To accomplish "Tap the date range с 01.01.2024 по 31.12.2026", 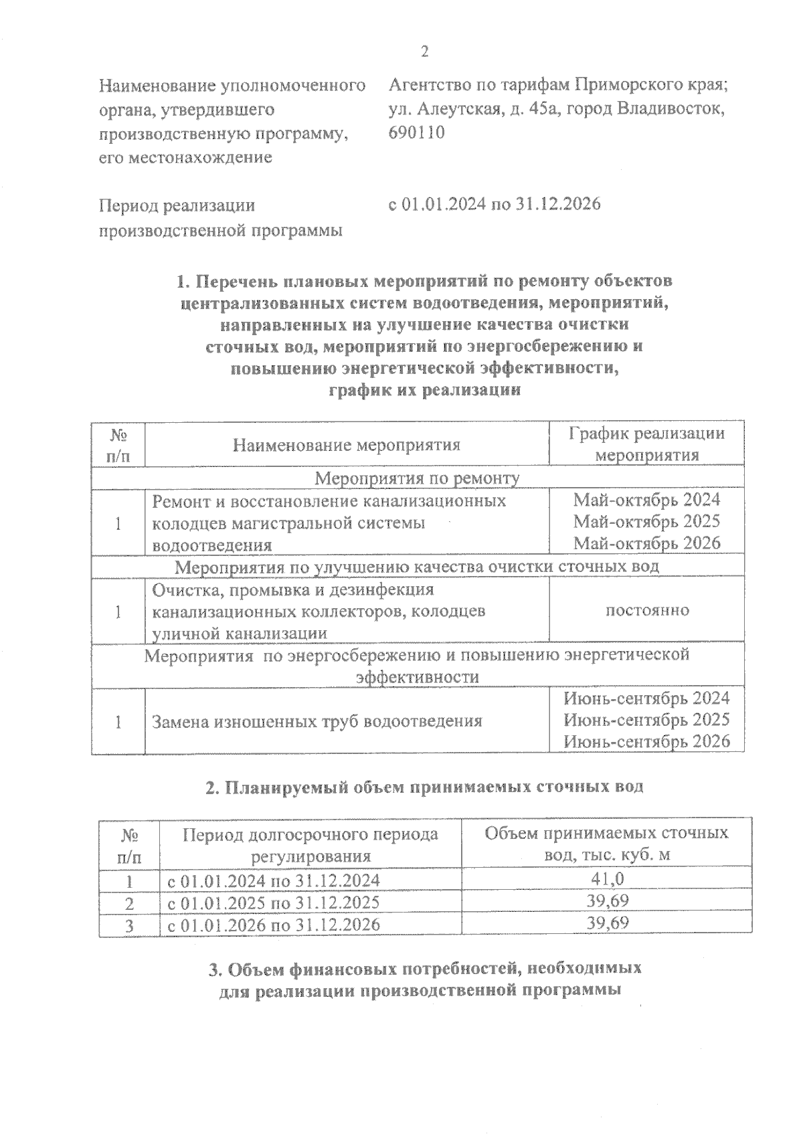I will tap(495, 204).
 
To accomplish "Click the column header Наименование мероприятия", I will tap(347, 445).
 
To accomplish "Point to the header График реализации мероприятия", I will tap(646, 444).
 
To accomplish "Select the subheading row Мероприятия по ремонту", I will tap(417, 478).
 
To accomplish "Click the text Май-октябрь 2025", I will tap(646, 521).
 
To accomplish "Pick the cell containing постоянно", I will tap(646, 610).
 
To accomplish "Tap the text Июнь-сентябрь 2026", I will tap(646, 741).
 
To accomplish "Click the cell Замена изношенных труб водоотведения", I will tap(317, 721).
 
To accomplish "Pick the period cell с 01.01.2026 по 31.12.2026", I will tap(273, 925).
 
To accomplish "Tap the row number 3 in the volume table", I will tap(130, 925).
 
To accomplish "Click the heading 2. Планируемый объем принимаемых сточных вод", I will tap(424, 787).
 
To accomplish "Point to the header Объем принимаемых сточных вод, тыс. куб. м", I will tap(606, 844).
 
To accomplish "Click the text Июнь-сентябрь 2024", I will tap(646, 698).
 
